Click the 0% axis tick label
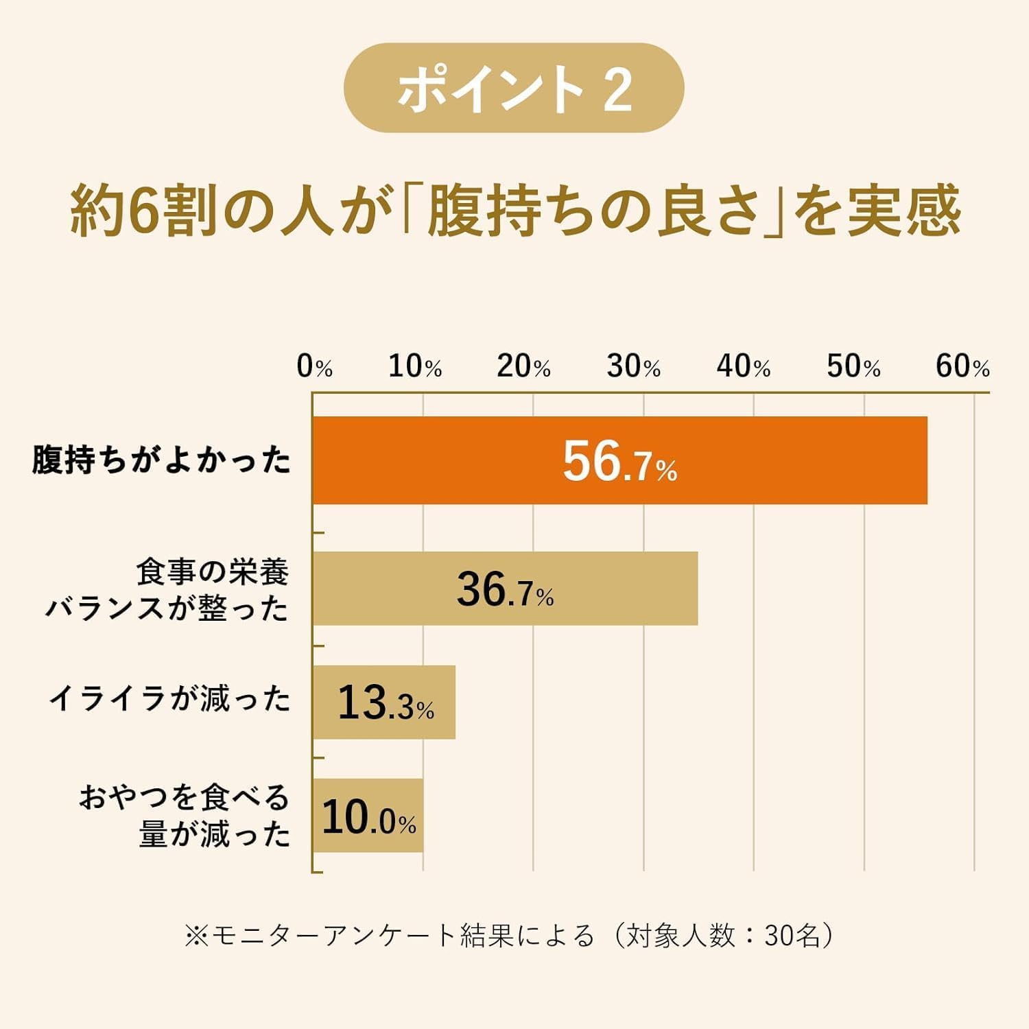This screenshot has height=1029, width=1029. pyautogui.click(x=314, y=366)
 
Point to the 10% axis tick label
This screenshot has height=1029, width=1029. pyautogui.click(x=415, y=366)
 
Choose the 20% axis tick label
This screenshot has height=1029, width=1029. pyautogui.click(x=524, y=366)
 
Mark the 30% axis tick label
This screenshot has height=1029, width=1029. pyautogui.click(x=634, y=366)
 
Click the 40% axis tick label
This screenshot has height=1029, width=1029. pyautogui.click(x=744, y=366)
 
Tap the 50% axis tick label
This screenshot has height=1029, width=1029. pyautogui.click(x=853, y=366)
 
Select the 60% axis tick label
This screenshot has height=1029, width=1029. pyautogui.click(x=962, y=366)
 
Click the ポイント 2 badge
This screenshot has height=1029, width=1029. pyautogui.click(x=514, y=88)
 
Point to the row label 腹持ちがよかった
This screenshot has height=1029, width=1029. pyautogui.click(x=162, y=460)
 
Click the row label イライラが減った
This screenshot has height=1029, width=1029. pyautogui.click(x=170, y=699)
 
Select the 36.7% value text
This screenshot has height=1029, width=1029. pyautogui.click(x=505, y=589)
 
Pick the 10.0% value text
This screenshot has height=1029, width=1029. pyautogui.click(x=368, y=817)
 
